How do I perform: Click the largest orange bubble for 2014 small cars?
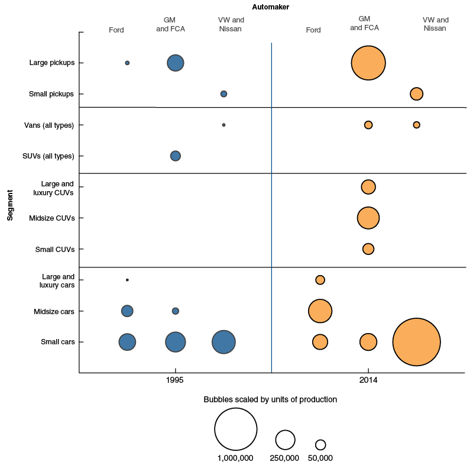(416, 342)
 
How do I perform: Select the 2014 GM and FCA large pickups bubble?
(368, 63)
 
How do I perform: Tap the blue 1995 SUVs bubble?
(176, 156)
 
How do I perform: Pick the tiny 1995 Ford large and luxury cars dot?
(127, 280)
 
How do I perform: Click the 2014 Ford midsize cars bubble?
(320, 311)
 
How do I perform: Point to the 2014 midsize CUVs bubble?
(368, 218)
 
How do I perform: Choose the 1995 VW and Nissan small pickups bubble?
(223, 94)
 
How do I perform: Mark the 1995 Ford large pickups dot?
(127, 63)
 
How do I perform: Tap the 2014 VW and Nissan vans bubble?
(416, 125)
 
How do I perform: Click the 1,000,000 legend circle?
(236, 429)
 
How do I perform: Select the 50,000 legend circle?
(320, 445)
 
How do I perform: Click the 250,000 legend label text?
(284, 458)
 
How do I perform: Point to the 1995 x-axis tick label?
(174, 380)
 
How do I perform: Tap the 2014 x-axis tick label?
(368, 380)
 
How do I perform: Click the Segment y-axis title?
(10, 205)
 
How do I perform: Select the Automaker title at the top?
(271, 7)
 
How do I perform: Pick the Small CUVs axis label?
(55, 250)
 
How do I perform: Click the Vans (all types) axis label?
(49, 125)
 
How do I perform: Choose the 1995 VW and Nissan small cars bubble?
(223, 342)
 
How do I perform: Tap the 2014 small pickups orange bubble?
(416, 94)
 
